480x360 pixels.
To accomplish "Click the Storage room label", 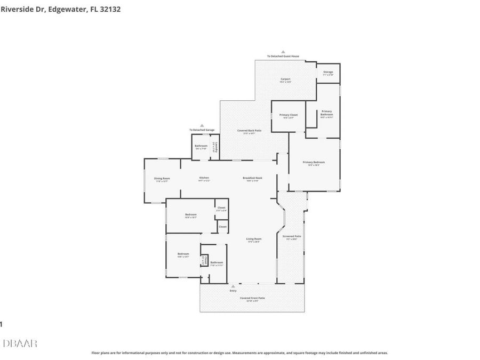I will [328, 72].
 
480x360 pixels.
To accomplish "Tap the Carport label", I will [286, 79].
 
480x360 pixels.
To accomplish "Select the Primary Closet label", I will [289, 115].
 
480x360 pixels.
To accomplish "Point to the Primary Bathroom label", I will [326, 113].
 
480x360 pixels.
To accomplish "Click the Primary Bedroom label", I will [314, 162].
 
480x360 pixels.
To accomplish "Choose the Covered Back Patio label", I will [249, 131].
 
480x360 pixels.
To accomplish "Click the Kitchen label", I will [204, 178].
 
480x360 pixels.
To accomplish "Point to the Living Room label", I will [253, 239].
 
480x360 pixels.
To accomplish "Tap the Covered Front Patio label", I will [252, 298].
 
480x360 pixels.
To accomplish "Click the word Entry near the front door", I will [233, 291].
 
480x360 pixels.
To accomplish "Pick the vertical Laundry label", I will [214, 148].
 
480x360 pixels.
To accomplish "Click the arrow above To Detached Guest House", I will [283, 52].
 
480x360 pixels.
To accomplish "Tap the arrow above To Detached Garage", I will [202, 126].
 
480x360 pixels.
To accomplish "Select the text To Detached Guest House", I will [283, 57].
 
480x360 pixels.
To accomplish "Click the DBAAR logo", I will [20, 343].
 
